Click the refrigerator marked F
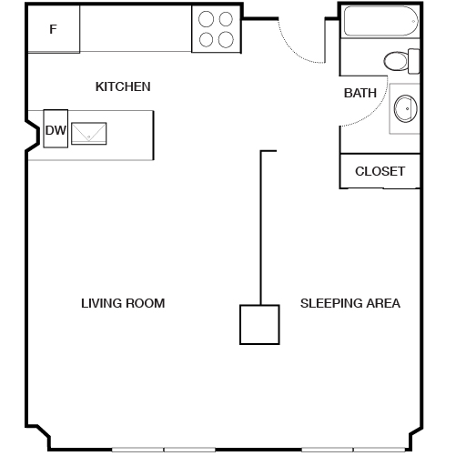pyautogui.click(x=54, y=29)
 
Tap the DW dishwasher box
pyautogui.click(x=56, y=129)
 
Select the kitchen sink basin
pyautogui.click(x=89, y=134)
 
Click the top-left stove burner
pyautogui.click(x=206, y=19)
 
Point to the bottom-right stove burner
pyautogui.click(x=226, y=40)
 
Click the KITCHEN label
pyautogui.click(x=123, y=87)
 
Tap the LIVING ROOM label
pyautogui.click(x=123, y=303)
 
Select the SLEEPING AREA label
pyautogui.click(x=350, y=303)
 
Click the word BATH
pyautogui.click(x=360, y=93)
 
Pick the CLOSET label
pyautogui.click(x=380, y=171)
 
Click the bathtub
pyautogui.click(x=381, y=21)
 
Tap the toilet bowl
pyautogui.click(x=396, y=61)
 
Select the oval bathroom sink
pyautogui.click(x=406, y=108)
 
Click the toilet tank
pyautogui.click(x=414, y=61)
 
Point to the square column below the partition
pyautogui.click(x=259, y=325)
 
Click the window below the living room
pyautogui.click(x=164, y=450)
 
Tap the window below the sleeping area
pyautogui.click(x=354, y=450)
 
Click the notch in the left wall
pyautogui.click(x=33, y=136)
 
